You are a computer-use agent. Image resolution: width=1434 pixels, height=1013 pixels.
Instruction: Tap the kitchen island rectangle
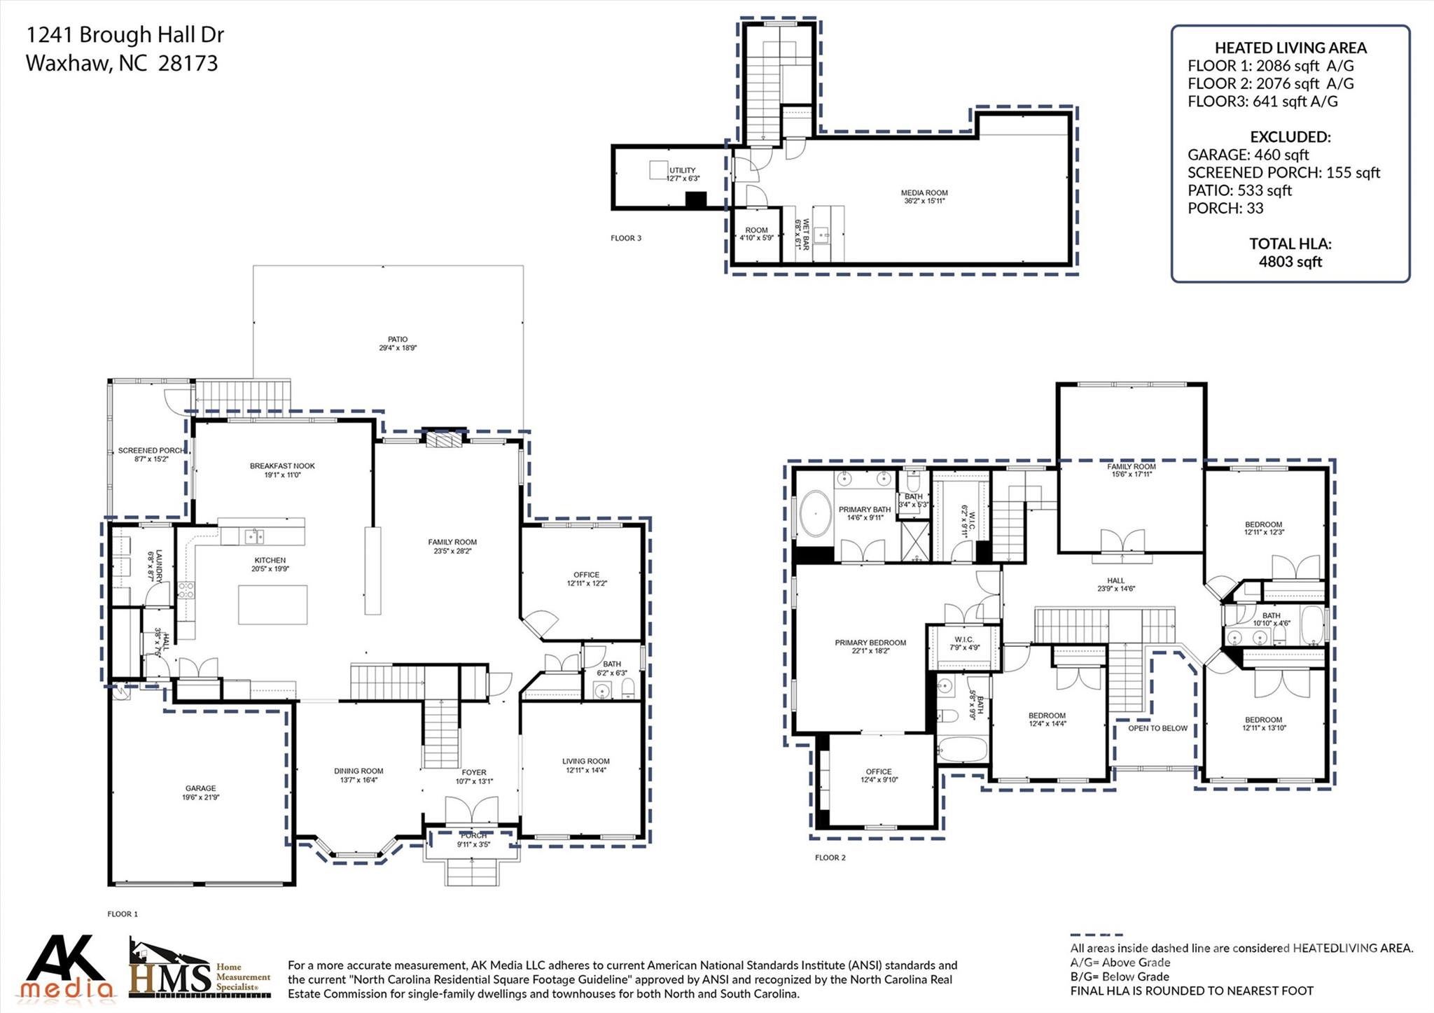pos(272,604)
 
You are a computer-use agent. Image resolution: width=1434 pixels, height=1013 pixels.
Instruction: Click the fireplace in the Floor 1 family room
pos(445,439)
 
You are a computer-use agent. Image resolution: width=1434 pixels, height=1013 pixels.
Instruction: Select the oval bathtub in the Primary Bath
pos(814,515)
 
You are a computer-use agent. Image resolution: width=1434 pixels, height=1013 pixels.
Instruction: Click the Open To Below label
pos(1157,728)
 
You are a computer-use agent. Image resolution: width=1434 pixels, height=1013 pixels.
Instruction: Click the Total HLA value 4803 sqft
pos(1290,262)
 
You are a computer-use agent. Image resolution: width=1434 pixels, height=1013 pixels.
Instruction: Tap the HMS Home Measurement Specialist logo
pos(200,970)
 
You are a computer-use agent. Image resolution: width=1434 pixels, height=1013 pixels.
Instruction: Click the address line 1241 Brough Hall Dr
pos(125,34)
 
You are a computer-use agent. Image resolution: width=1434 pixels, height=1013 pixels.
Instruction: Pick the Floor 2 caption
pos(830,858)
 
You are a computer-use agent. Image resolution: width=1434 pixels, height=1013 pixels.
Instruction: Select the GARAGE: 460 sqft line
pos(1248,155)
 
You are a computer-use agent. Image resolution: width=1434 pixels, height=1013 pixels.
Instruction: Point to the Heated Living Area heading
pos(1290,48)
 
